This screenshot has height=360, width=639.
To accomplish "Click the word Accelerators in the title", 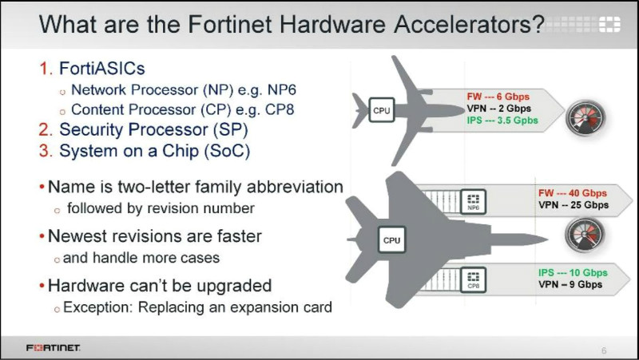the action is pyautogui.click(x=470, y=24).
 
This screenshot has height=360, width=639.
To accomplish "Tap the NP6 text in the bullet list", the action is pyautogui.click(x=282, y=89).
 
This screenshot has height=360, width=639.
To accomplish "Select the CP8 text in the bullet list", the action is pyautogui.click(x=280, y=109).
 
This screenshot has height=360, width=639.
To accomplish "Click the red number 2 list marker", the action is pyautogui.click(x=46, y=130).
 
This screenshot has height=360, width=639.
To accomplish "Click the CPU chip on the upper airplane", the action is pyautogui.click(x=382, y=110).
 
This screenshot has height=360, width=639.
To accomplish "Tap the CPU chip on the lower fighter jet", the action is pyautogui.click(x=391, y=239).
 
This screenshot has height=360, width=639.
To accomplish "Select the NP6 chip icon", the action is pyautogui.click(x=473, y=202).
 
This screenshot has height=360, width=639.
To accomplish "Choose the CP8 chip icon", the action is pyautogui.click(x=473, y=279).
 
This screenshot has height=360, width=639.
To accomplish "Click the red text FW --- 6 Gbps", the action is pyautogui.click(x=498, y=97).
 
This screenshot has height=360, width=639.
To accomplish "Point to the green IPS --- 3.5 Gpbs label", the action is pyautogui.click(x=502, y=121).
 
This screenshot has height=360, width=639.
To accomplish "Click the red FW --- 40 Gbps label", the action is pyautogui.click(x=573, y=193).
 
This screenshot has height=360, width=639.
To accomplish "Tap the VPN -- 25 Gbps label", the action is pyautogui.click(x=574, y=205).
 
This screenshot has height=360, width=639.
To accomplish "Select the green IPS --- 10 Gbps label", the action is pyautogui.click(x=573, y=272).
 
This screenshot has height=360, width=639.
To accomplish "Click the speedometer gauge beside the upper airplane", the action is pyautogui.click(x=585, y=118).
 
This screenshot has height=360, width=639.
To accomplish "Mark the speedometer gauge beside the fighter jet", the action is pyautogui.click(x=585, y=235).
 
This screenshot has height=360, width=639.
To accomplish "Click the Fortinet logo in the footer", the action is pyautogui.click(x=53, y=348).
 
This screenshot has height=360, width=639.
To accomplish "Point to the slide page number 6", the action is pyautogui.click(x=604, y=350).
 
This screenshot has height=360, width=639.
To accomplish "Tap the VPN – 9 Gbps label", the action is pyautogui.click(x=570, y=284).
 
